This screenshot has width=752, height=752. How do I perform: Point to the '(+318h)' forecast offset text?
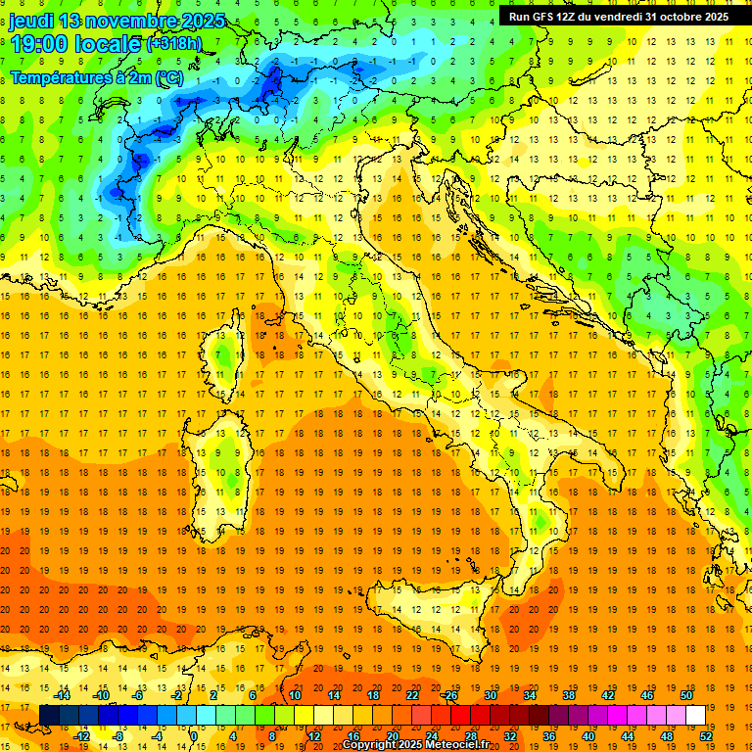[x=174, y=44]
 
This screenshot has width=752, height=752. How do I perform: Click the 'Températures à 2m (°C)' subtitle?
[x=96, y=76]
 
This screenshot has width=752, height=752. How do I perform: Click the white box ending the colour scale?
[x=695, y=715]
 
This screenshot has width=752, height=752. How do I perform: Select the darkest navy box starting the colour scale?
[x=49, y=715]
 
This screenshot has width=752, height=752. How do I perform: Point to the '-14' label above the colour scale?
[x=62, y=695]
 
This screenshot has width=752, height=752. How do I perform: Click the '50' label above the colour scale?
[x=686, y=695]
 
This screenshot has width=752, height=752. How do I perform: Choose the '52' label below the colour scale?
[x=707, y=735]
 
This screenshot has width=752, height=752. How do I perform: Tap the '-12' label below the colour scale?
[x=81, y=735]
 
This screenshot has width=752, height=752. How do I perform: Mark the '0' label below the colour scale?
[x=194, y=735]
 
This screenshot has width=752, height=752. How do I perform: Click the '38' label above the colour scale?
[x=568, y=695]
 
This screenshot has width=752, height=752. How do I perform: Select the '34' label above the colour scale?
[x=530, y=695]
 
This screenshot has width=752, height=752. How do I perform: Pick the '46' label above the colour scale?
[x=647, y=695]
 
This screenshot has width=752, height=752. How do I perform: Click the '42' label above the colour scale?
[x=608, y=695]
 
